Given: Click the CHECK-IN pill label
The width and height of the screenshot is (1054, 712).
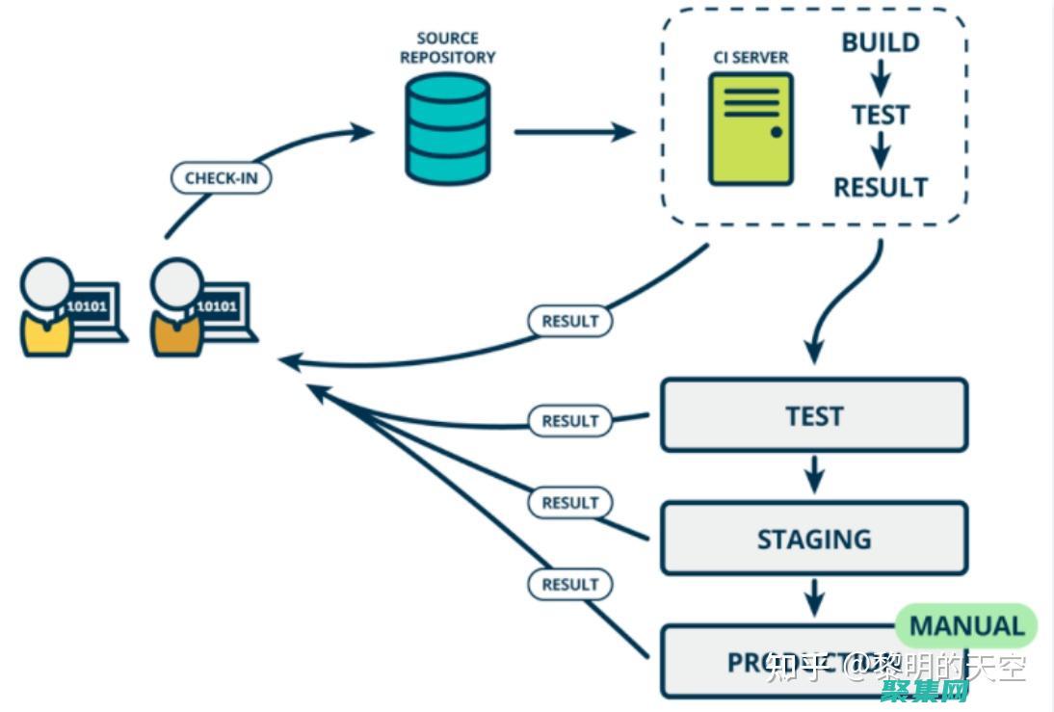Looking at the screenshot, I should click(221, 178).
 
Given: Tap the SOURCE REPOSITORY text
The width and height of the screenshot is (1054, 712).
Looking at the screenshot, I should click(447, 47).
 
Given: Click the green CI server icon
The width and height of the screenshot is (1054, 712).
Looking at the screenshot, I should click(751, 128).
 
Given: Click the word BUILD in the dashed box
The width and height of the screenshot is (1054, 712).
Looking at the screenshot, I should click(880, 42).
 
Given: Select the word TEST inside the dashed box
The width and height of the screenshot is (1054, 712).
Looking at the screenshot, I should click(880, 116).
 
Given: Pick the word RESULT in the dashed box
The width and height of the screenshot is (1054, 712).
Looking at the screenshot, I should click(880, 187).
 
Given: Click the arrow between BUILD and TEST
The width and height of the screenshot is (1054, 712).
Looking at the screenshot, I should click(880, 78).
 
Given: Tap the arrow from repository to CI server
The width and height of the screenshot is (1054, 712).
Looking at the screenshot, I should click(573, 131).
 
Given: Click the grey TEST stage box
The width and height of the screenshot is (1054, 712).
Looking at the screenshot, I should click(813, 415).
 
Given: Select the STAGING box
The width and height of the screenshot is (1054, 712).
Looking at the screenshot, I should click(813, 539).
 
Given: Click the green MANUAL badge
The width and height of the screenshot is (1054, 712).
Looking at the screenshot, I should click(966, 626).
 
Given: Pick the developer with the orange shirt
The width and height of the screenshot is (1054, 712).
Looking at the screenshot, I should click(177, 308).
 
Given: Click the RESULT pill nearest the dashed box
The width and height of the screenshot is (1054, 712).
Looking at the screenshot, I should click(569, 321).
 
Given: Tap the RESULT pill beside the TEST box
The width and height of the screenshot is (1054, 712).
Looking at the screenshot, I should click(569, 421).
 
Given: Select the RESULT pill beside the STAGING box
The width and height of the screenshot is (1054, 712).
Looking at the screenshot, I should click(569, 503).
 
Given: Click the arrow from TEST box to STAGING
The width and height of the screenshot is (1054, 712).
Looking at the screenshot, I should click(814, 474).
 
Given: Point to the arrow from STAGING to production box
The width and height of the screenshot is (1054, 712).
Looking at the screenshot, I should click(814, 597).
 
